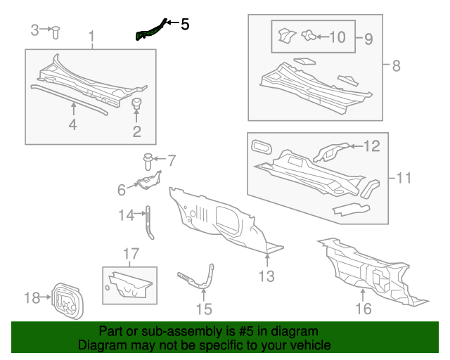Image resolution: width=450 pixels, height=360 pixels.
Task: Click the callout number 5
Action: pos(185,25)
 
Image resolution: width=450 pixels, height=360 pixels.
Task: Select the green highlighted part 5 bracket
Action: pos(151,31)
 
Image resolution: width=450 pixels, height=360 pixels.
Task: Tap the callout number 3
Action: pos(35,30)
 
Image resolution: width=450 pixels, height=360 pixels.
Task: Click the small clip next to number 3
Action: pos(56,30)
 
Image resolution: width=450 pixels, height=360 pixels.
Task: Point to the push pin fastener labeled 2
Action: pos(136,105)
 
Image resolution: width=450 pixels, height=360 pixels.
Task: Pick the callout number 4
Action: pos(72,125)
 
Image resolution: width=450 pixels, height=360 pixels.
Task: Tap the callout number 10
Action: pos(337,37)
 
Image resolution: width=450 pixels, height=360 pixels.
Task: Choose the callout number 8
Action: pos(395,66)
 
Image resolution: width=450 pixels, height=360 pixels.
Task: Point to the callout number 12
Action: pos(371,146)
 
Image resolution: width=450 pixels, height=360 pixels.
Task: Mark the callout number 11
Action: pos(402,178)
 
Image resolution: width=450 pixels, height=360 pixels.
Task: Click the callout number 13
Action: pos(266,276)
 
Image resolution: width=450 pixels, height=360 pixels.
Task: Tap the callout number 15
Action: pos(203,308)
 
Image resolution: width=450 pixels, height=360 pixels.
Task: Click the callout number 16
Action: pos(363,308)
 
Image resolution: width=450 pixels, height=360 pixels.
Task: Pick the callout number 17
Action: pos(131,253)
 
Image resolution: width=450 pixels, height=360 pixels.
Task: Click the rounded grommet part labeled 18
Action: pos(69,299)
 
